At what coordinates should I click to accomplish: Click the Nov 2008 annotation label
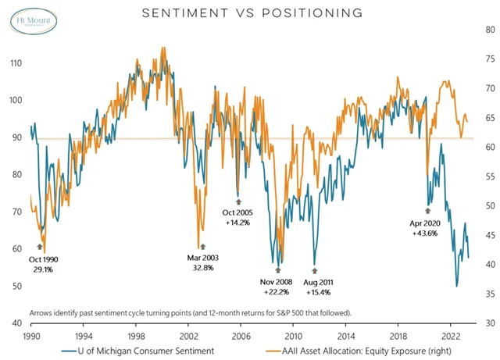point(279,281)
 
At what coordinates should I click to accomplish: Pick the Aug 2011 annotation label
point(316,281)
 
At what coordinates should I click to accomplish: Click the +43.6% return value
point(427,233)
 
